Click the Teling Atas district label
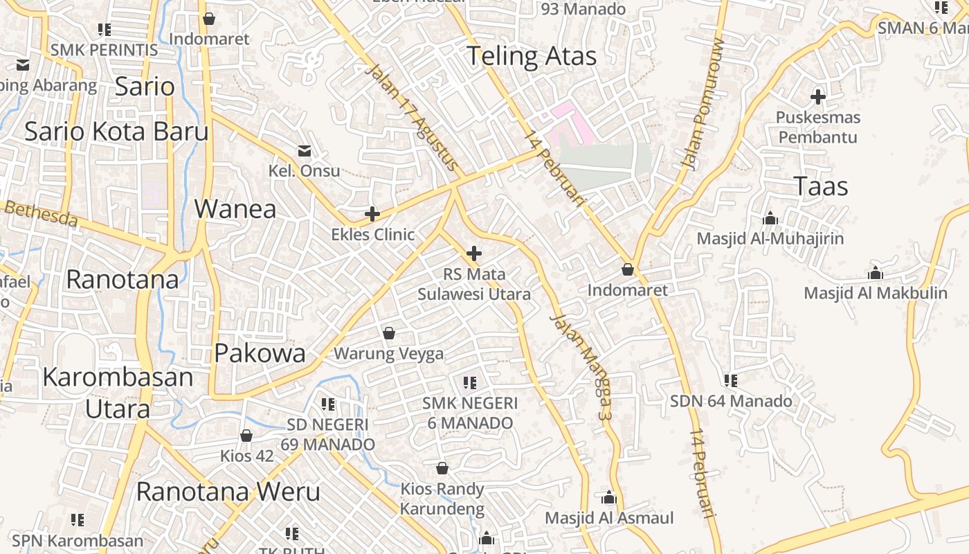[x=531, y=56]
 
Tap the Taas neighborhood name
[x=820, y=186]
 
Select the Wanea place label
[x=235, y=208]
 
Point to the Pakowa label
[x=260, y=353]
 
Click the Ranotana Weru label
[x=228, y=492]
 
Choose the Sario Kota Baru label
[x=116, y=131]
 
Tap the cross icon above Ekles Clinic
[x=372, y=214]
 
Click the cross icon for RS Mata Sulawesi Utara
[x=474, y=253]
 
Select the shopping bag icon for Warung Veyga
[x=388, y=334]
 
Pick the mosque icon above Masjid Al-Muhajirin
[x=770, y=219]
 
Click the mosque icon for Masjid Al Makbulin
[x=876, y=273]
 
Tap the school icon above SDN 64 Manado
[x=731, y=381]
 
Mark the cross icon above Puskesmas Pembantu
[x=818, y=97]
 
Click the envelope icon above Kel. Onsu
[x=304, y=151]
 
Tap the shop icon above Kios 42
[x=246, y=436]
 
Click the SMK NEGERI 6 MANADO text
[x=470, y=413]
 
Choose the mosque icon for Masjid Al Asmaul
[x=609, y=498]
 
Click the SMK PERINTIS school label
[x=104, y=50]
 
